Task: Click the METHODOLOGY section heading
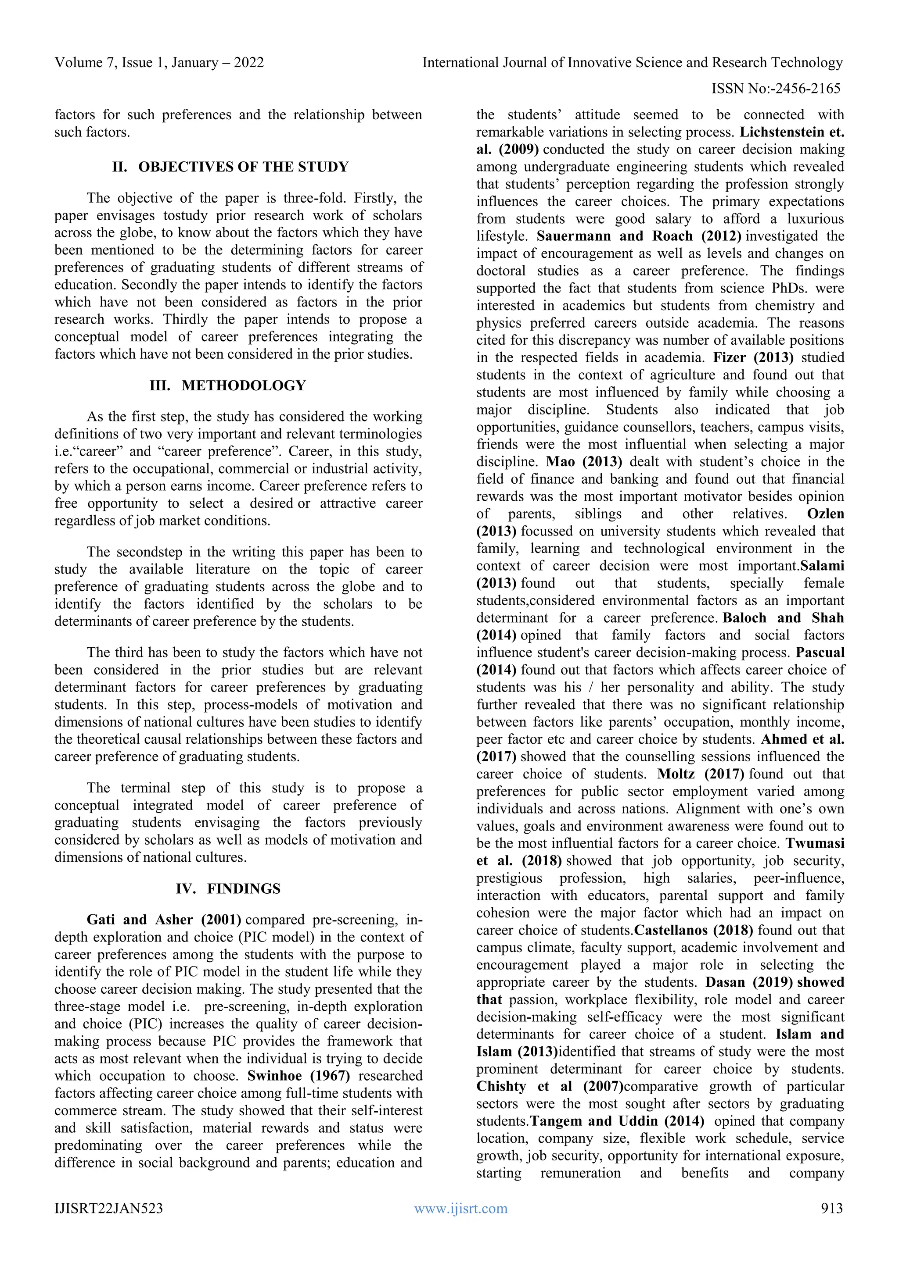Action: point(244,385)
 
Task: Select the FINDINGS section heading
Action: point(244,888)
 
